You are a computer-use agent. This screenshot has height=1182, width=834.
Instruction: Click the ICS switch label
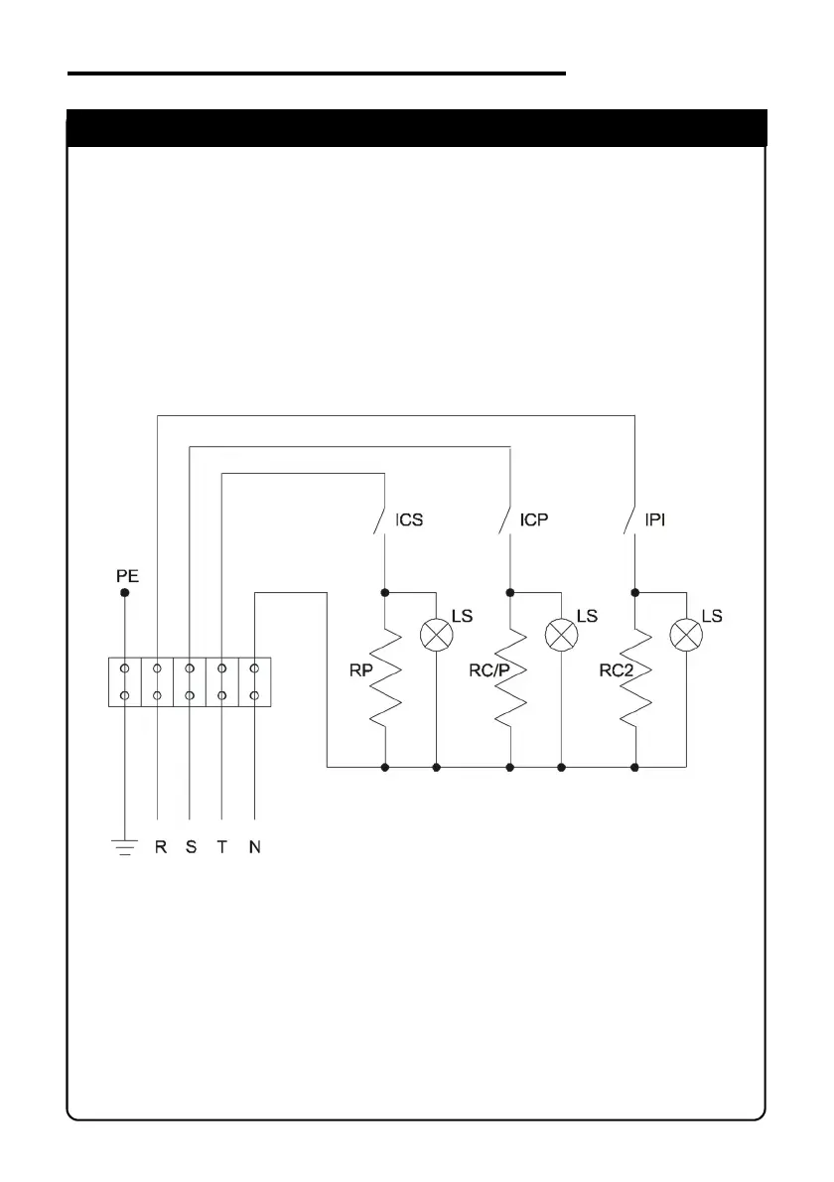coord(409,520)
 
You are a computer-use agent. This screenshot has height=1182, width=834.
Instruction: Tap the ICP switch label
coord(534,520)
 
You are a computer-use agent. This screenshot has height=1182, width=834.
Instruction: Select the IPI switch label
coord(656,520)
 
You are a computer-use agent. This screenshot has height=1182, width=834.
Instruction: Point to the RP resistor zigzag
coord(384,679)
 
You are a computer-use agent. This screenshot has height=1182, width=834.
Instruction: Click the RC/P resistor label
coord(488,671)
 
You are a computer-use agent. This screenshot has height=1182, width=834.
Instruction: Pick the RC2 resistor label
coord(616,671)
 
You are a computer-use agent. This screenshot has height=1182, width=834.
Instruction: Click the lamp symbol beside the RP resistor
coord(437,633)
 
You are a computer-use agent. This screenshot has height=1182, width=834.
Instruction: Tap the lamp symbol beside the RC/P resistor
coord(562,633)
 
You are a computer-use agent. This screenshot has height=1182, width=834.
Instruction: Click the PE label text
coord(125,575)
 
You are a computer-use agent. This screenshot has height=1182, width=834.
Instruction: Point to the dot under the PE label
coord(125,593)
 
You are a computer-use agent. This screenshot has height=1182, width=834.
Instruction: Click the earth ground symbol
coord(124,847)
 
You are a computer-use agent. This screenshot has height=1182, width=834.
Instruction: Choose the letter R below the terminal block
coord(160,849)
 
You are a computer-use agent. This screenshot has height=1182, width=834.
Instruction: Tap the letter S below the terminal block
coord(191,849)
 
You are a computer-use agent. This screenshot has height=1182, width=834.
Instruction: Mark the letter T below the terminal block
coord(222,849)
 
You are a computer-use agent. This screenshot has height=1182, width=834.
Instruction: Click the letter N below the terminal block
coord(255,849)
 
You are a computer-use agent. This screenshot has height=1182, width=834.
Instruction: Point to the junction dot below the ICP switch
coord(509,592)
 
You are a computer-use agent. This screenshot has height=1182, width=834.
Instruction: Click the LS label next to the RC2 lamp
coord(712,616)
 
